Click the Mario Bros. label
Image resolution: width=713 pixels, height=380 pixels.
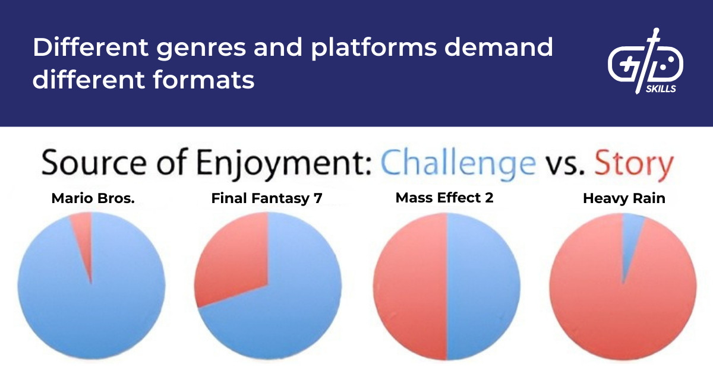tap(93, 198)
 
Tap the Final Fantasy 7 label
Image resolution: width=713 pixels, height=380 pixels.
tap(267, 198)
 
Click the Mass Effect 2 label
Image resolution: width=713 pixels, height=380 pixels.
tap(444, 198)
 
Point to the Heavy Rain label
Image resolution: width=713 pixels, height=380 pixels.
tap(624, 198)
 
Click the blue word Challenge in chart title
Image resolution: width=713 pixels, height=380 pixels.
tap(458, 163)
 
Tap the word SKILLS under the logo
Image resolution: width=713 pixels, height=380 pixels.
tap(660, 88)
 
